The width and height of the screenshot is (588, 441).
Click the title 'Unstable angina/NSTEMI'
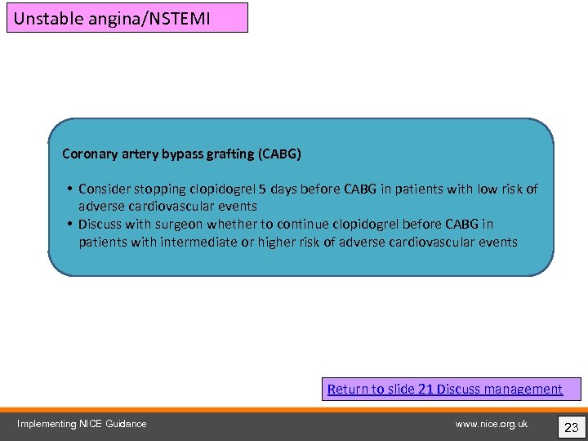pos(112,17)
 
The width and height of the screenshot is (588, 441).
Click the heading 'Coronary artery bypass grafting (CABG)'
pos(181,154)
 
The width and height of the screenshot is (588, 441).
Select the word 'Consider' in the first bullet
pos(106,189)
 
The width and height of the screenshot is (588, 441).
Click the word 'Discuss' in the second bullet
pos(101,224)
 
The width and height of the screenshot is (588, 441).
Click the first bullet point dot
pos(70,189)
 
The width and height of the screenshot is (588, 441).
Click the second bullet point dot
pos(70,224)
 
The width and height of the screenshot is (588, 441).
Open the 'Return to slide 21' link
pos(380,389)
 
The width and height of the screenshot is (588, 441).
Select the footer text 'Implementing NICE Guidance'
pos(82,424)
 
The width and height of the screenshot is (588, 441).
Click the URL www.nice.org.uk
pos(491,424)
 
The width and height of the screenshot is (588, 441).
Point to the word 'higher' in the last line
pos(278,242)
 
